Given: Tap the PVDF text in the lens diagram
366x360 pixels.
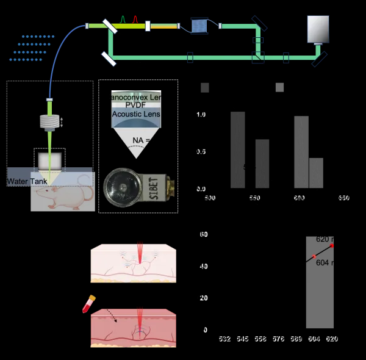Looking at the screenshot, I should (x=137, y=105).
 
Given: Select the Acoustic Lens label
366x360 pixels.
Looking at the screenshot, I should (x=137, y=113).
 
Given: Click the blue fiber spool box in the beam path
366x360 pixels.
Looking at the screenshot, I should (x=200, y=26).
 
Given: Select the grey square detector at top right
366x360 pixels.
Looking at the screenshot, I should (x=318, y=28).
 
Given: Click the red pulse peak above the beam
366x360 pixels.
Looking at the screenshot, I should (x=135, y=20).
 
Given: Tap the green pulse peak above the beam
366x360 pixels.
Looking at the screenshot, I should (x=123, y=20).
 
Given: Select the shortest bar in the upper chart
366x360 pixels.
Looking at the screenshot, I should (x=316, y=173).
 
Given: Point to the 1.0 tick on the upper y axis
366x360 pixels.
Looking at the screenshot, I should (x=201, y=115).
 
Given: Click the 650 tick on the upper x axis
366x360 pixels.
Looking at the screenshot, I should (x=343, y=198).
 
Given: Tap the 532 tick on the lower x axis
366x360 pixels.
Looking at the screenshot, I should (x=224, y=339).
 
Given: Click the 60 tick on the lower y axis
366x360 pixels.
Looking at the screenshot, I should (x=204, y=234).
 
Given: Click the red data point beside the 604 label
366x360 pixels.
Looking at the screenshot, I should (x=314, y=257).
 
